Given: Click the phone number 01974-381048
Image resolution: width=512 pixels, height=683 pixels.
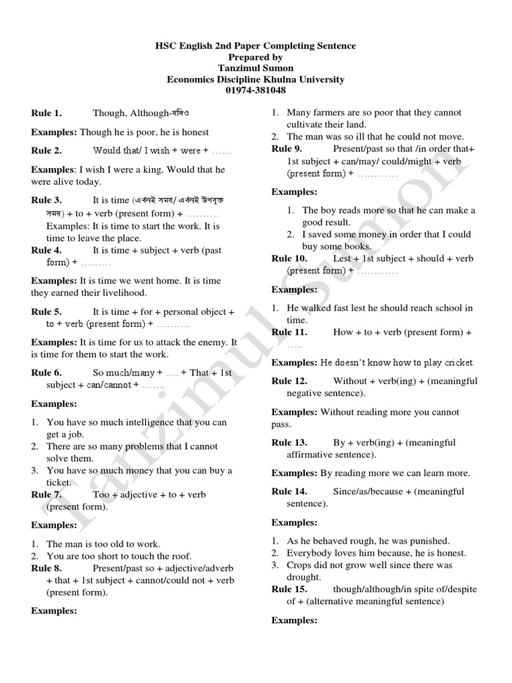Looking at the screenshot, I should [x=255, y=91].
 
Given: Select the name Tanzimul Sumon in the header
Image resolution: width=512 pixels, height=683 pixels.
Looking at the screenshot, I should [x=255, y=68].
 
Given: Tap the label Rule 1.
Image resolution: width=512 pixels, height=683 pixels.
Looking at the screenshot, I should [x=47, y=113].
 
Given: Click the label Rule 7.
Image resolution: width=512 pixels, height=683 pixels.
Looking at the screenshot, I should [x=47, y=495].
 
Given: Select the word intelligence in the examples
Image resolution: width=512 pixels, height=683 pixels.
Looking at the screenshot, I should [x=147, y=422].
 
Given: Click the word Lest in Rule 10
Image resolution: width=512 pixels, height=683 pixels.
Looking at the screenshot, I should [x=342, y=259].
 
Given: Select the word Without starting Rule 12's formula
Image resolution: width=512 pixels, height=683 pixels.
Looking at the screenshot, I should [x=349, y=382].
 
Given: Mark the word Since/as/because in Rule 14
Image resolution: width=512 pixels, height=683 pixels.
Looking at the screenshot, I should [x=365, y=492].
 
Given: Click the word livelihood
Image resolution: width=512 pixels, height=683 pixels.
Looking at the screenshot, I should [x=123, y=293].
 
